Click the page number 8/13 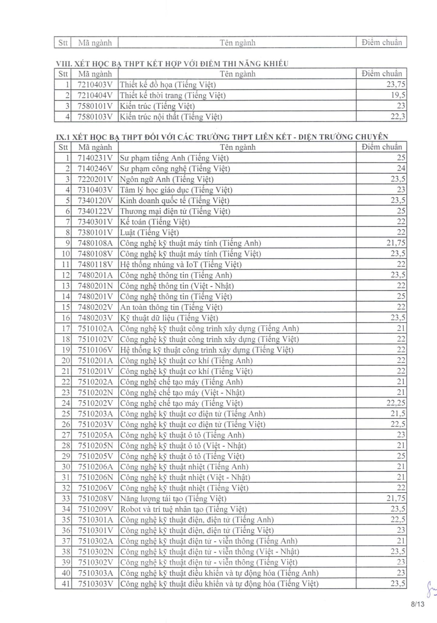pyautogui.click(x=417, y=605)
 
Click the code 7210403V pyautogui.click(x=95, y=84)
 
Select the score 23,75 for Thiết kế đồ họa pyautogui.click(x=395, y=84)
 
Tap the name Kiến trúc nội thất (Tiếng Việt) pyautogui.click(x=171, y=117)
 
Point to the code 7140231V pyautogui.click(x=95, y=158)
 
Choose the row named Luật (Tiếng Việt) pyautogui.click(x=149, y=232)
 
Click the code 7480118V pyautogui.click(x=95, y=265)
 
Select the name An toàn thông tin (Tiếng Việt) pyautogui.click(x=171, y=307)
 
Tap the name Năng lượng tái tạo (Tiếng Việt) pyautogui.click(x=173, y=499)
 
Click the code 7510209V pyautogui.click(x=95, y=509)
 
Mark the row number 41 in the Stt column pyautogui.click(x=66, y=584)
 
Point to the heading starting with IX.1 pyautogui.click(x=222, y=137)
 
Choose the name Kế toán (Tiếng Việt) pyautogui.click(x=155, y=222)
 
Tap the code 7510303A pyautogui.click(x=95, y=573)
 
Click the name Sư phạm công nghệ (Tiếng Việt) pyautogui.click(x=175, y=169)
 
